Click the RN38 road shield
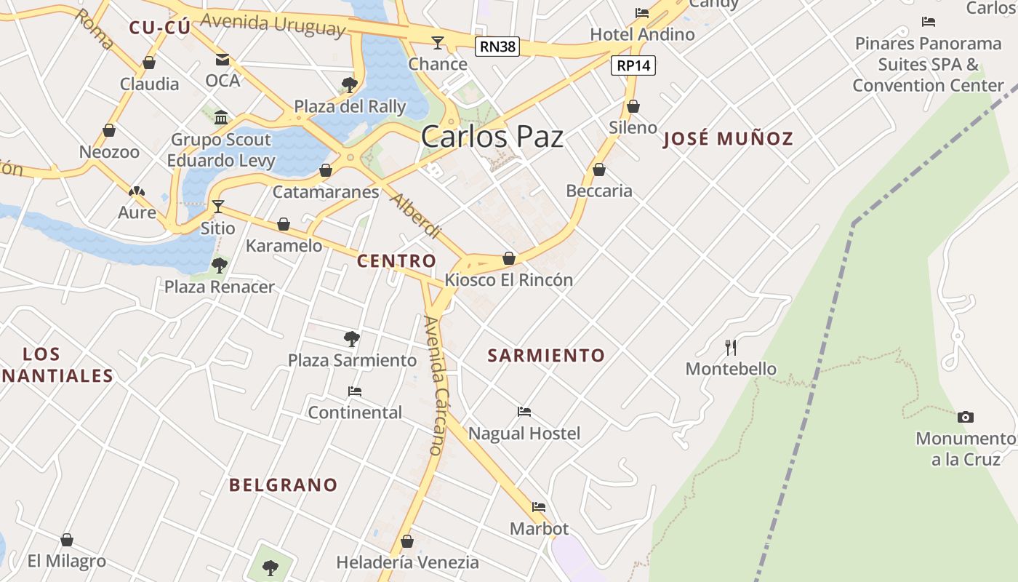[497, 47]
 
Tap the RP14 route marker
[633, 65]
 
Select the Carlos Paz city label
[492, 137]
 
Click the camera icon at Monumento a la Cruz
[965, 417]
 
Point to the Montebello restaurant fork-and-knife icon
[731, 347]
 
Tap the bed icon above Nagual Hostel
[524, 412]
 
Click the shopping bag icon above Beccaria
[598, 170]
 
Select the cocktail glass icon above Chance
[437, 42]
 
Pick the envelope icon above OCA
[222, 59]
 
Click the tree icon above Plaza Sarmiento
[352, 338]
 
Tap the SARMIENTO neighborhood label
[546, 356]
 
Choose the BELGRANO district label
[284, 485]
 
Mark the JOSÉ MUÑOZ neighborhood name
[728, 139]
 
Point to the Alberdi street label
[417, 216]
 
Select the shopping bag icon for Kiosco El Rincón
[509, 258]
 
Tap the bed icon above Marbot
[538, 507]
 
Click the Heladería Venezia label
[407, 562]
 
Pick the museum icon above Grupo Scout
[221, 118]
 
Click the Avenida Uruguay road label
[272, 24]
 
